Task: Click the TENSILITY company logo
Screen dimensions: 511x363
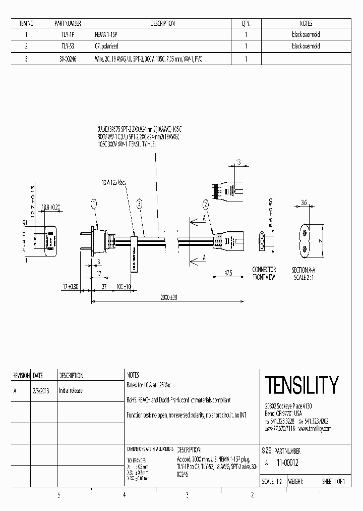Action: point(301,385)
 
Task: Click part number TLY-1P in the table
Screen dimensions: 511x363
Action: point(68,35)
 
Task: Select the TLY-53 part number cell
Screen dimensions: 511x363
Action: point(68,46)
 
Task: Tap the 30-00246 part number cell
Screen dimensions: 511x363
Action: point(68,59)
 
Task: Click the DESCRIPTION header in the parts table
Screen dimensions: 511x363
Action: point(162,23)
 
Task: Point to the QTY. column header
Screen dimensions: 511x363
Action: point(246,23)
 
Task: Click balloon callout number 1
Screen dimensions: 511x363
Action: point(94,204)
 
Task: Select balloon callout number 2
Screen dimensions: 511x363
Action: point(206,204)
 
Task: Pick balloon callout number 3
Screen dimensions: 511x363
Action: point(139,204)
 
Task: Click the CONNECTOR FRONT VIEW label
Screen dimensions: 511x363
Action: point(264,273)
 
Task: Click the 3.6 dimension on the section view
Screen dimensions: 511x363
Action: point(305,203)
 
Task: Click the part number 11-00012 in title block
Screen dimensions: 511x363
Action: point(288,462)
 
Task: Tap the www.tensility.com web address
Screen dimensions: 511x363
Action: point(315,429)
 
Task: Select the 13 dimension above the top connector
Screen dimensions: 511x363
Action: point(238,162)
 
